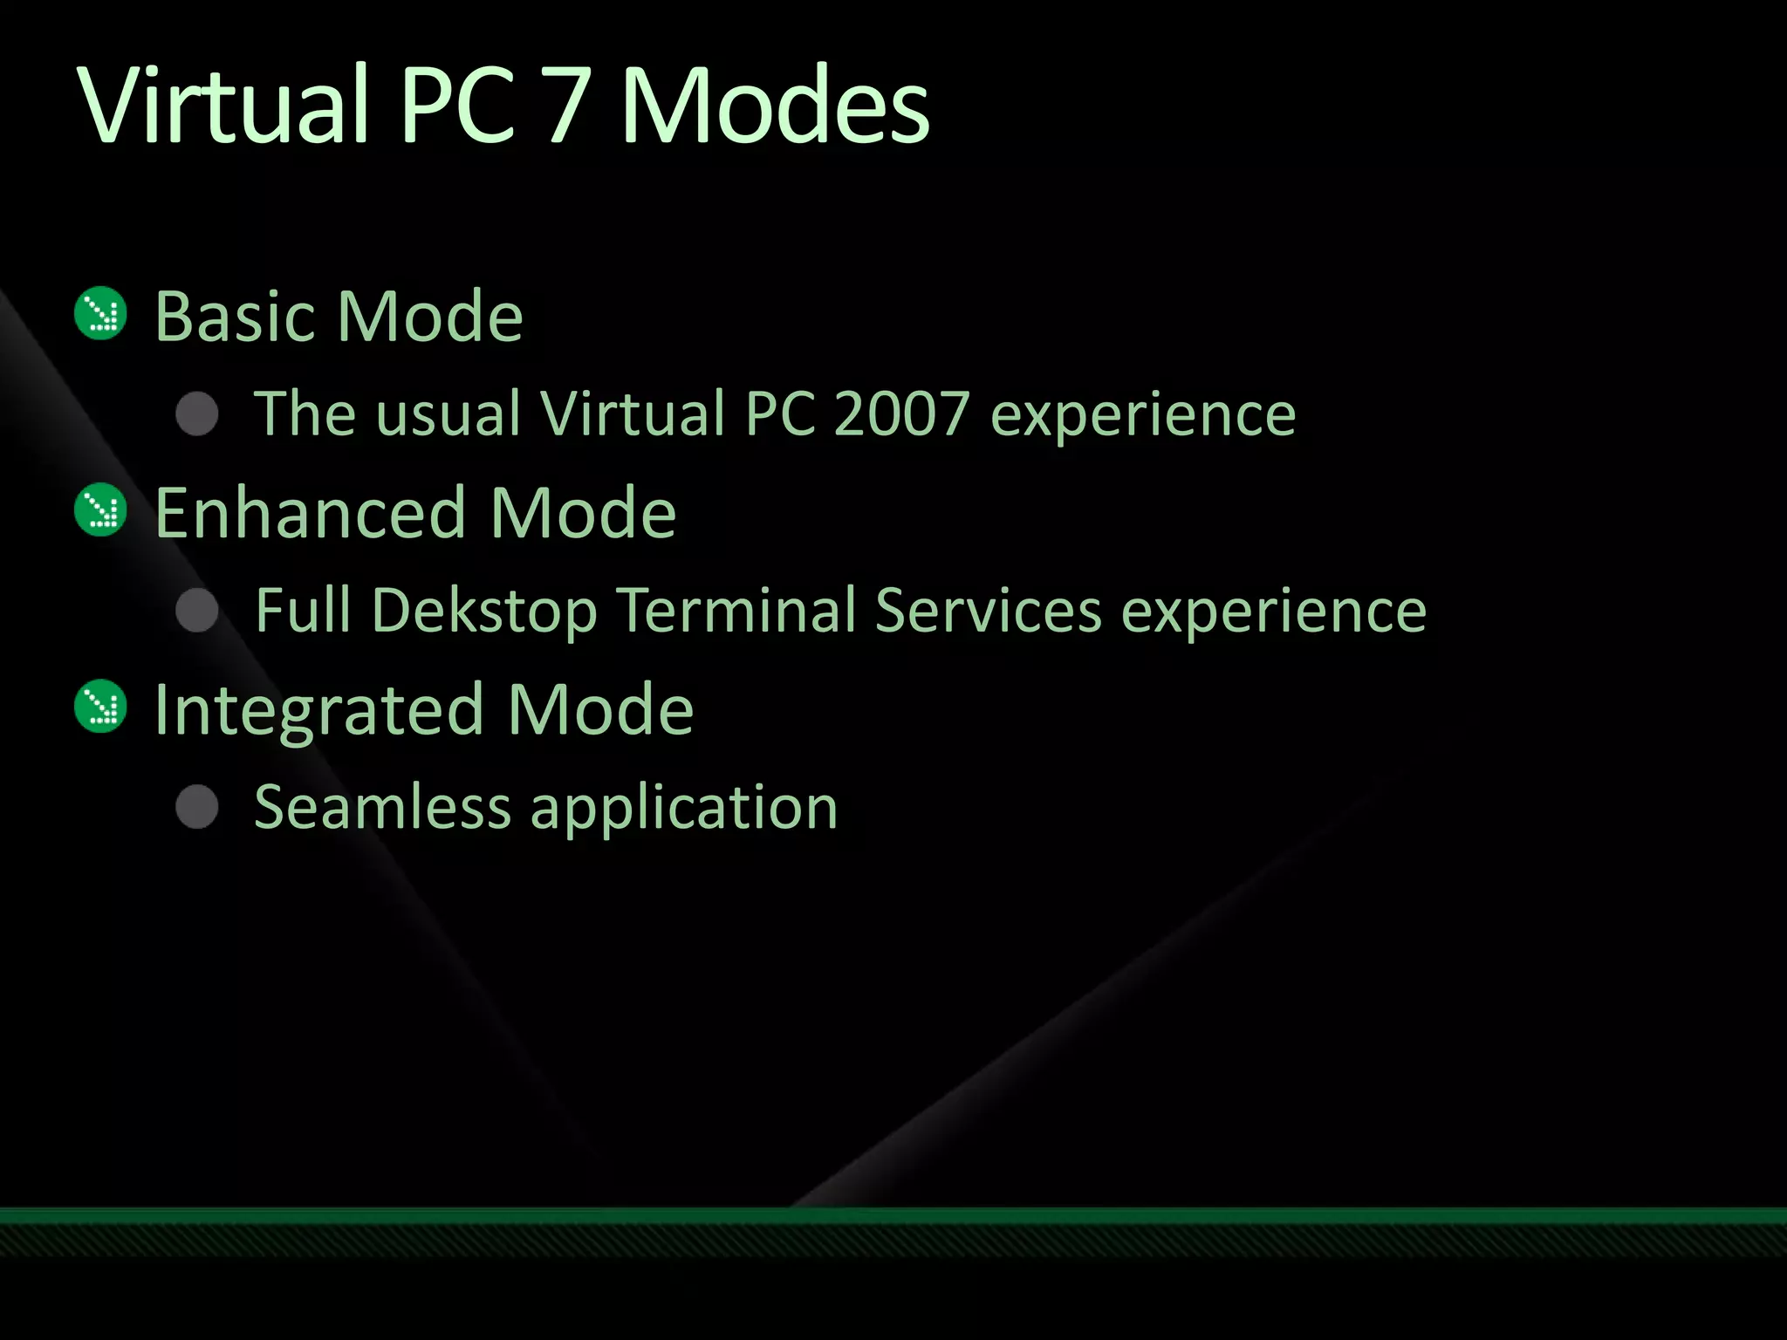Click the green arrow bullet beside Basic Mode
101,313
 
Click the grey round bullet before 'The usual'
197,414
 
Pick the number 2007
901,414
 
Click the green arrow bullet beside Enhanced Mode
101,509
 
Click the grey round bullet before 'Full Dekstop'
197,610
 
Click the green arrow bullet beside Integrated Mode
101,706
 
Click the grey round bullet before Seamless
197,806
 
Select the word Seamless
382,807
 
